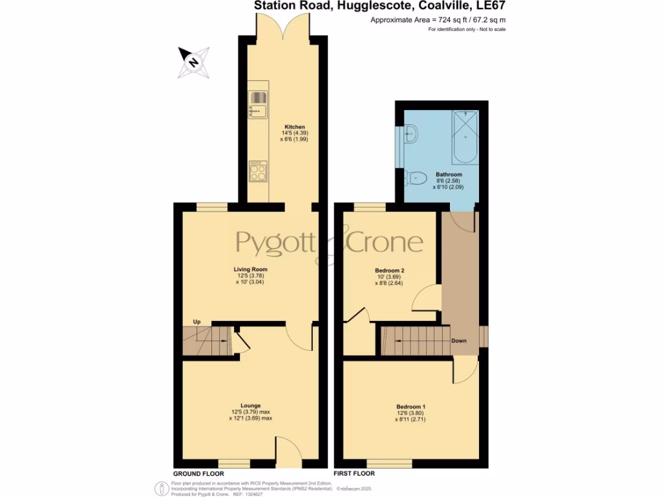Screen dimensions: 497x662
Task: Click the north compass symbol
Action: pos(193,63)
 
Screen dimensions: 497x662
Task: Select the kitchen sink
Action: pos(257,105)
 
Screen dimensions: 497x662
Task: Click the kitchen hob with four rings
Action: pos(259,171)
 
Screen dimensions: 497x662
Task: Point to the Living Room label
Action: pos(250,269)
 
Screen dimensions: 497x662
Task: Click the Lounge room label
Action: pos(250,406)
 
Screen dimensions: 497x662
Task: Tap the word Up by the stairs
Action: pos(197,322)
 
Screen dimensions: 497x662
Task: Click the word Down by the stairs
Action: pos(459,341)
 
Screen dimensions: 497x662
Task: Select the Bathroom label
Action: pos(448,175)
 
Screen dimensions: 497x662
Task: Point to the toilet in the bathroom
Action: pos(416,177)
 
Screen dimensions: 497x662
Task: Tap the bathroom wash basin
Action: pos(411,135)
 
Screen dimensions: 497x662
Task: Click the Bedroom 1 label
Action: pos(411,407)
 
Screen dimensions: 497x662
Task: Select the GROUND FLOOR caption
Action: pos(198,474)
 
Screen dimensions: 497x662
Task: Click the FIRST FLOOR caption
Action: pos(354,474)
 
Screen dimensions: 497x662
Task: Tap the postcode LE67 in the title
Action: pos(491,6)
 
